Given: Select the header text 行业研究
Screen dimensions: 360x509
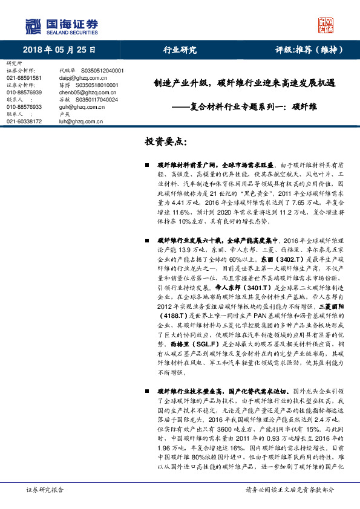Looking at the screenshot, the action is (180, 50).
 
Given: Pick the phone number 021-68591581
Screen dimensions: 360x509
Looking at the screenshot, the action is (24, 78).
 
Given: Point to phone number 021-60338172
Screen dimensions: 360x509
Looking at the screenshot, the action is (24, 122).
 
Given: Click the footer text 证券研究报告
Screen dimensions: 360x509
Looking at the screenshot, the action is (45, 490).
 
